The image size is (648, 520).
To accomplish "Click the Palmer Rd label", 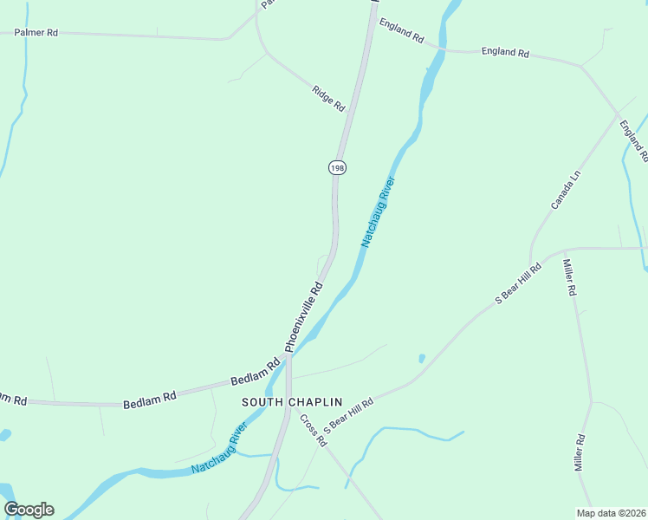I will tap(36, 33).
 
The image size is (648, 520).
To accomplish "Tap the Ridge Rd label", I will tap(328, 98).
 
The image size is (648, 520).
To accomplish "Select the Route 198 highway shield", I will tap(337, 167).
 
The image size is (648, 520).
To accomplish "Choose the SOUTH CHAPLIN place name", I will tap(292, 402).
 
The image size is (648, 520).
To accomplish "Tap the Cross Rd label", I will tap(313, 430).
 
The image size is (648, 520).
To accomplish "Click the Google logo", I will tap(29, 510).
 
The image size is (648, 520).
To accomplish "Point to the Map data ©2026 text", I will tap(610, 513).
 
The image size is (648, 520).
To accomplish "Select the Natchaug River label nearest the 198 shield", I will tap(378, 212).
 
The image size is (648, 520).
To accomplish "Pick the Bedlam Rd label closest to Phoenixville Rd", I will tap(255, 374).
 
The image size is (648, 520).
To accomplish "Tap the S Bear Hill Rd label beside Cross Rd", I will tap(348, 415).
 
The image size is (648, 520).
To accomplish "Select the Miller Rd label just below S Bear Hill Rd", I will tap(570, 277).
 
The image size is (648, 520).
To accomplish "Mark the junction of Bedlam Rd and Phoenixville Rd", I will tap(288, 357).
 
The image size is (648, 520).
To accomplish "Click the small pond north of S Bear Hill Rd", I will tap(421, 358).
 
